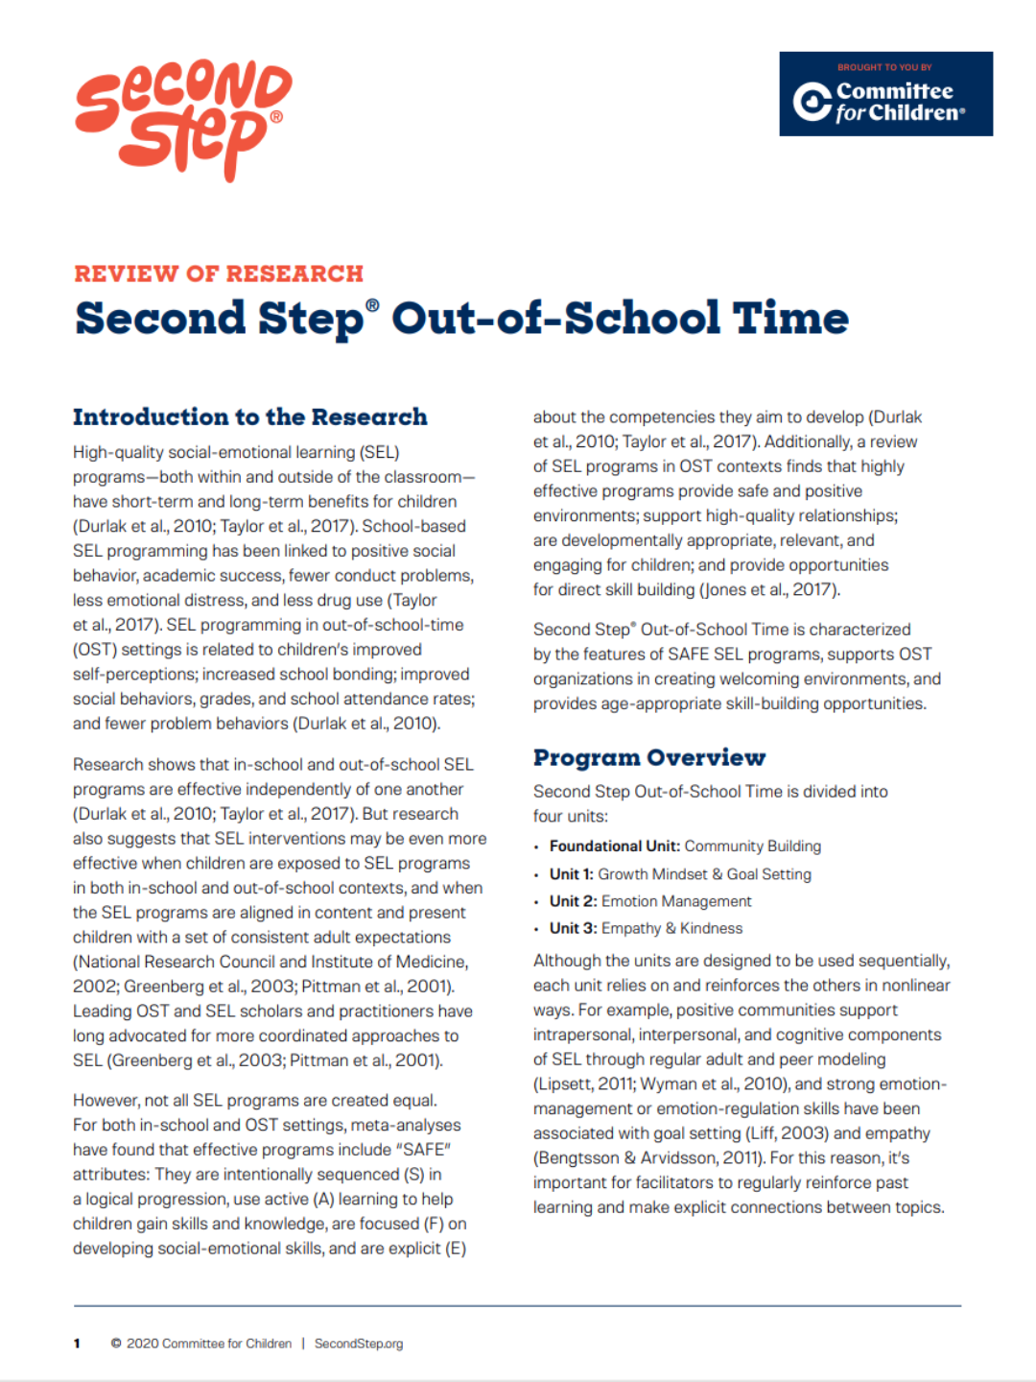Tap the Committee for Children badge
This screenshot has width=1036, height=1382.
click(885, 94)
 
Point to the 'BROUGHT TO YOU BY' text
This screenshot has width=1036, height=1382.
click(884, 67)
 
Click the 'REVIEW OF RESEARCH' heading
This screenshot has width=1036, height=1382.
click(219, 274)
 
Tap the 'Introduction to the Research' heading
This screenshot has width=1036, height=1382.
click(250, 417)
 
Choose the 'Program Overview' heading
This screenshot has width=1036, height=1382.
click(649, 758)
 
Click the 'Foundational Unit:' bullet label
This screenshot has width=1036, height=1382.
click(614, 846)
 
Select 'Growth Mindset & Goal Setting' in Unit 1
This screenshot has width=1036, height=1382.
click(704, 874)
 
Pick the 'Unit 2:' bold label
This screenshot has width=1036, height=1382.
click(573, 901)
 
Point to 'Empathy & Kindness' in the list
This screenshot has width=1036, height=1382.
click(671, 928)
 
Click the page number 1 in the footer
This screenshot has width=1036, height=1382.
click(77, 1344)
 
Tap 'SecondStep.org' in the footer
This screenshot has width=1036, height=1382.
click(359, 1344)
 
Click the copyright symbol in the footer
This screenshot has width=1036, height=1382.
click(116, 1344)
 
